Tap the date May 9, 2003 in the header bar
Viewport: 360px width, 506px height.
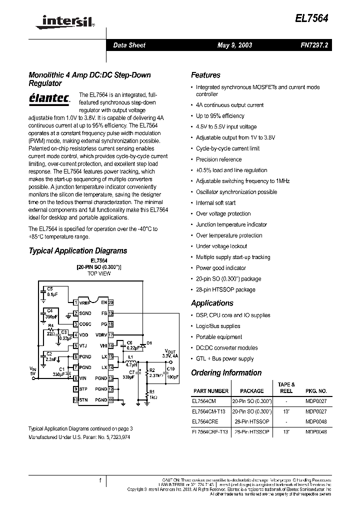coord(234,45)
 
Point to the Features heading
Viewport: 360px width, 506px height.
coord(205,75)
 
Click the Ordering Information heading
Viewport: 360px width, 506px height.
coord(226,372)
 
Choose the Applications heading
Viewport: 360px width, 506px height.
coord(212,303)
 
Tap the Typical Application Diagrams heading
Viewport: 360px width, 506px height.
coord(78,250)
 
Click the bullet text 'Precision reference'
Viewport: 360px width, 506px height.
coord(218,159)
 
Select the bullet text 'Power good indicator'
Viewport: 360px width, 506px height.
coord(221,268)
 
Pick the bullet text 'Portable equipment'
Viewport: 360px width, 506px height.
coord(219,337)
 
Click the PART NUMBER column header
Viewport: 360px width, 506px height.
coord(210,391)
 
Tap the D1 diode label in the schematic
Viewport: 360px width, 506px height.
coord(149,342)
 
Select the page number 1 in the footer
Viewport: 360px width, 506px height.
coord(100,480)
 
